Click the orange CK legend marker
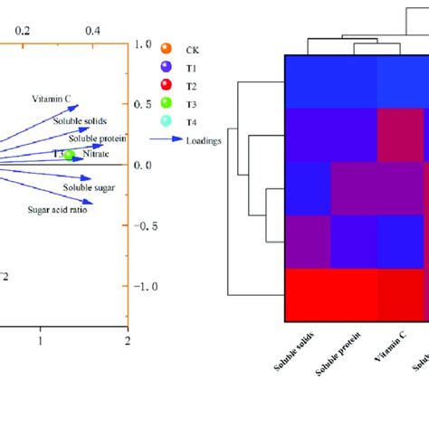point(165,48)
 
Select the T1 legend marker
point(165,66)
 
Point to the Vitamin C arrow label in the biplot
point(52,99)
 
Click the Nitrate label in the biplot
point(96,155)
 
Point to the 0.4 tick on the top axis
point(92,31)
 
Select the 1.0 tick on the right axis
point(142,43)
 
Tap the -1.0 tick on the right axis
point(144,286)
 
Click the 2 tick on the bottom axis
point(128,340)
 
